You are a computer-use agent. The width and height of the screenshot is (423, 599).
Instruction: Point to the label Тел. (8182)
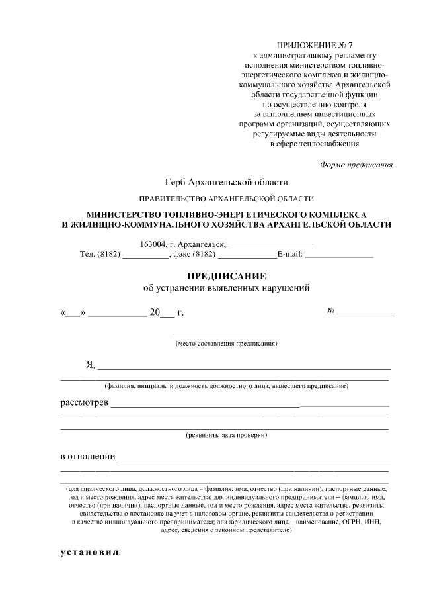point(99,253)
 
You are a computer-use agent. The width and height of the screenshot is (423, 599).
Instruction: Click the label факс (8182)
point(195,253)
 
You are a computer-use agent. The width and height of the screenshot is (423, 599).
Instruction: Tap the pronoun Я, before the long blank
point(91,365)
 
